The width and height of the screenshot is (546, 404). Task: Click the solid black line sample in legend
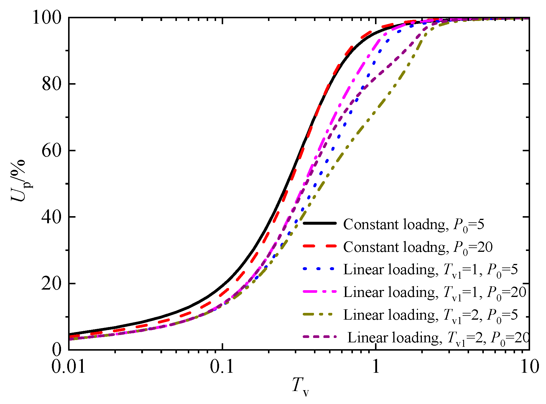click(320, 224)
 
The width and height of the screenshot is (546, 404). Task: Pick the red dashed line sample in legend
click(320, 246)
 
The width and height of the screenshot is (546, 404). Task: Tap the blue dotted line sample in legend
click(320, 269)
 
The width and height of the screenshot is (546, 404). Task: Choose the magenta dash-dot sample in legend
click(320, 291)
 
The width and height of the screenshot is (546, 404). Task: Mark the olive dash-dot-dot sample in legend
click(320, 314)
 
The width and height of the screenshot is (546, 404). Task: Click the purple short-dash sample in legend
click(320, 336)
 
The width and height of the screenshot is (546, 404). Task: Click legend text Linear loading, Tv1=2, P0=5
click(430, 315)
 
